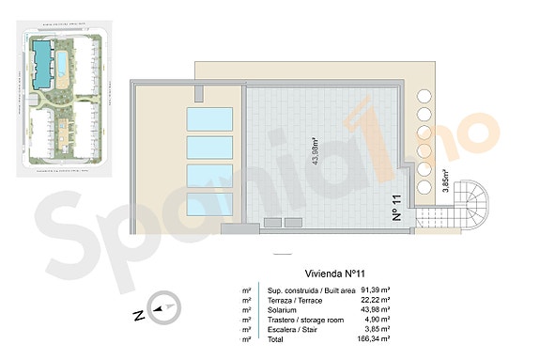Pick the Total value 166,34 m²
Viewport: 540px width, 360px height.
click(375, 338)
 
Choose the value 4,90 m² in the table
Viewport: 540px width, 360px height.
click(378, 320)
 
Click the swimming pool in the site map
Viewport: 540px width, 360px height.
click(62, 64)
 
